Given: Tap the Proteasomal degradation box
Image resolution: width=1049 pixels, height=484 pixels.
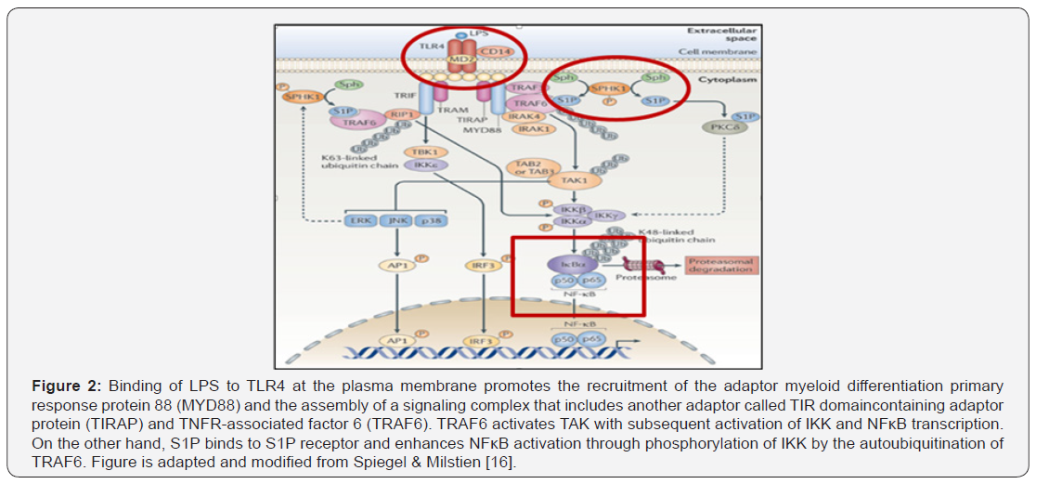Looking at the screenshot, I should (721, 266).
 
